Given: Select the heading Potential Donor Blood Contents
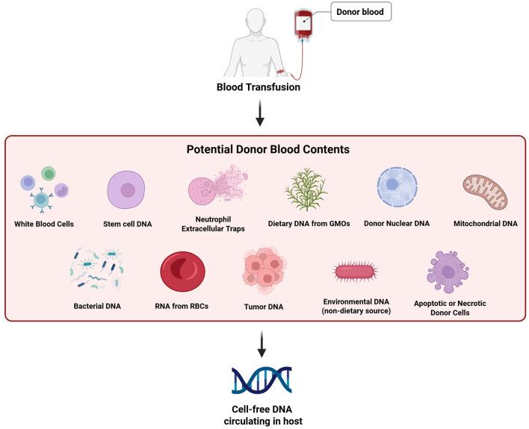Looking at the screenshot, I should point(267,149).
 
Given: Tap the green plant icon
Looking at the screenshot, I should point(306,190).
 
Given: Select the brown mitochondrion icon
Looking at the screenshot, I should point(485,191).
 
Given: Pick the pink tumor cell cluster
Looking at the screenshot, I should point(264,272).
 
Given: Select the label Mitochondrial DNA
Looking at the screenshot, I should point(485,223).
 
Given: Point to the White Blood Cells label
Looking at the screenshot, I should point(45,223).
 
